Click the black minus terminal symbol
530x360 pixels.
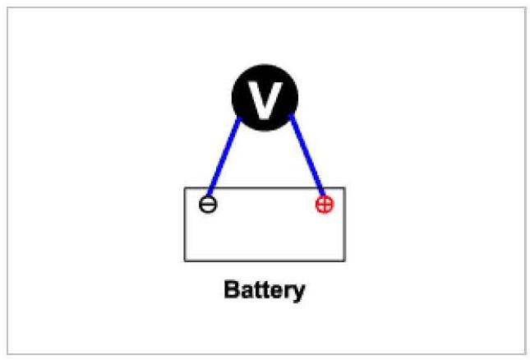(209, 204)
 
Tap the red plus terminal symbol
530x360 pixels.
(325, 204)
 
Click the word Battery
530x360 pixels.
(265, 291)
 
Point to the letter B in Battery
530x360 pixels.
(231, 290)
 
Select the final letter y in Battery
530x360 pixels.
(299, 293)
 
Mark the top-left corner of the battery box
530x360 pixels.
(185, 188)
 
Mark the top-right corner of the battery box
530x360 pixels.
(345, 188)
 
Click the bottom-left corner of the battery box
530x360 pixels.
(185, 261)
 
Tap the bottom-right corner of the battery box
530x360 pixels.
(345, 261)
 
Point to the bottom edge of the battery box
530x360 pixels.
(265, 261)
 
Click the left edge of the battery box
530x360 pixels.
(185, 224)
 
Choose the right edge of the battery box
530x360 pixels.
(345, 224)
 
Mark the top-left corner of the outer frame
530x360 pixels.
(7, 7)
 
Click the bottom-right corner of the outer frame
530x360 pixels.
(524, 353)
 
